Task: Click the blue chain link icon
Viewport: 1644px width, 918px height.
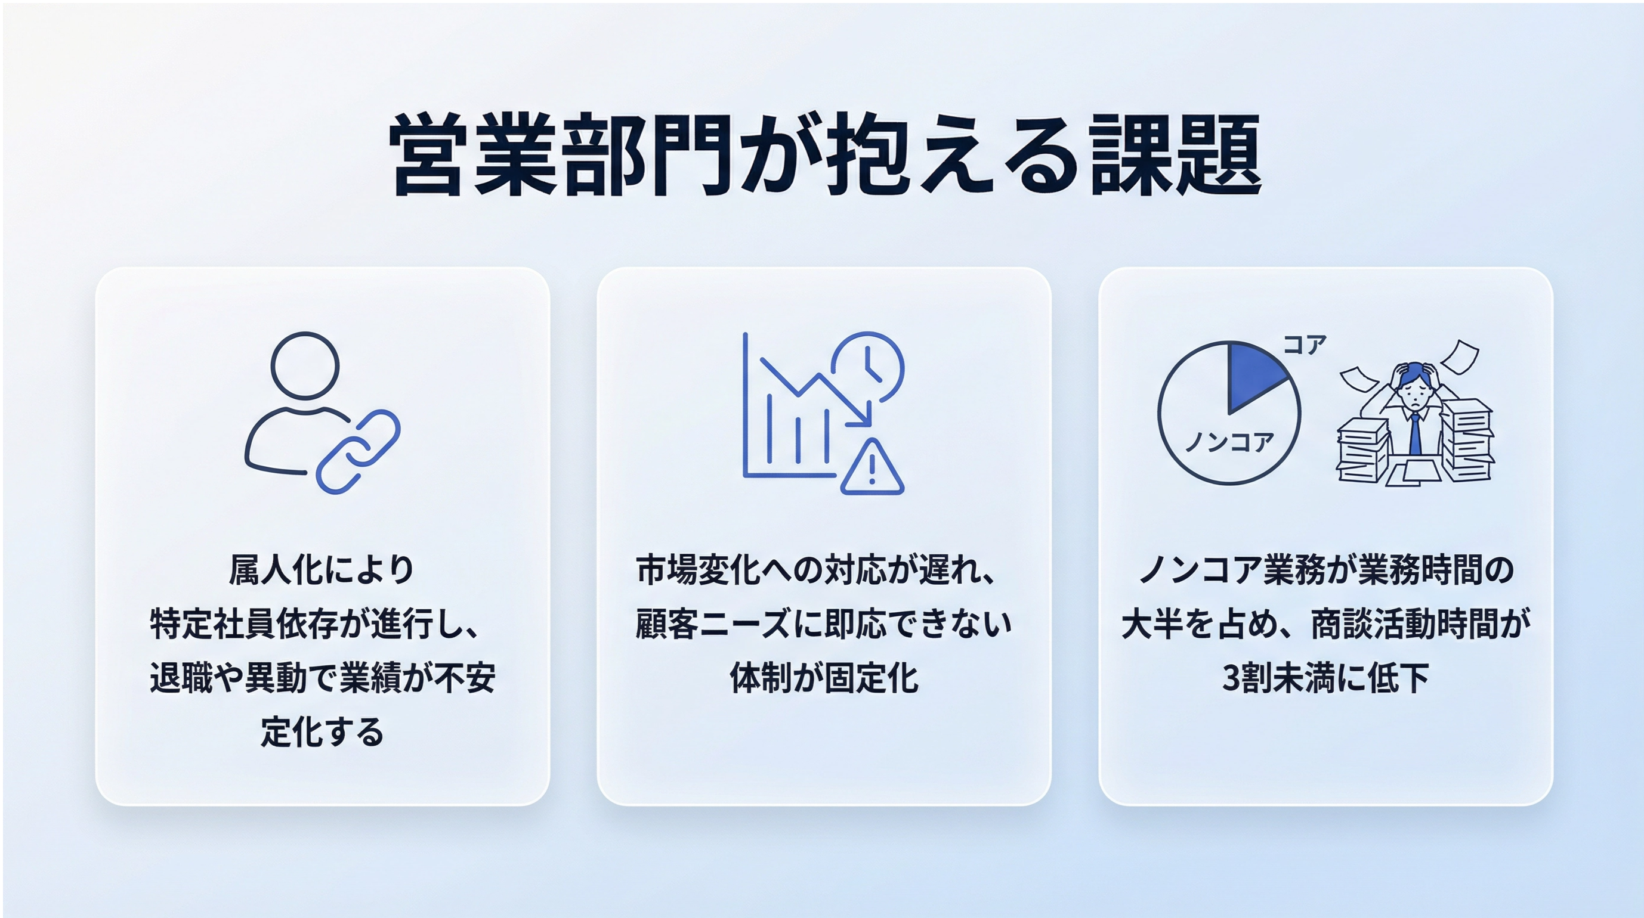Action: [358, 451]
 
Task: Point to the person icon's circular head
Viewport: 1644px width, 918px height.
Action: [305, 365]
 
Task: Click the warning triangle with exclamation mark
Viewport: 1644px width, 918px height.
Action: [872, 467]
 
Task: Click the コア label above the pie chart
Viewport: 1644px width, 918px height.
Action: [1305, 345]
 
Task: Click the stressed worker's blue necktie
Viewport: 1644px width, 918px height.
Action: [1415, 433]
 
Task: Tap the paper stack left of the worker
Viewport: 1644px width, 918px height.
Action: [1363, 452]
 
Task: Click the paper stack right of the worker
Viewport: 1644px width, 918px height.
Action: [1467, 440]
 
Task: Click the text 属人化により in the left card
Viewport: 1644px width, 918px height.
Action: [322, 569]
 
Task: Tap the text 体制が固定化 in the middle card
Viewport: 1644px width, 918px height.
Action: [824, 678]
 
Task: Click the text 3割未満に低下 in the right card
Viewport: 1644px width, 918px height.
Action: [1325, 678]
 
